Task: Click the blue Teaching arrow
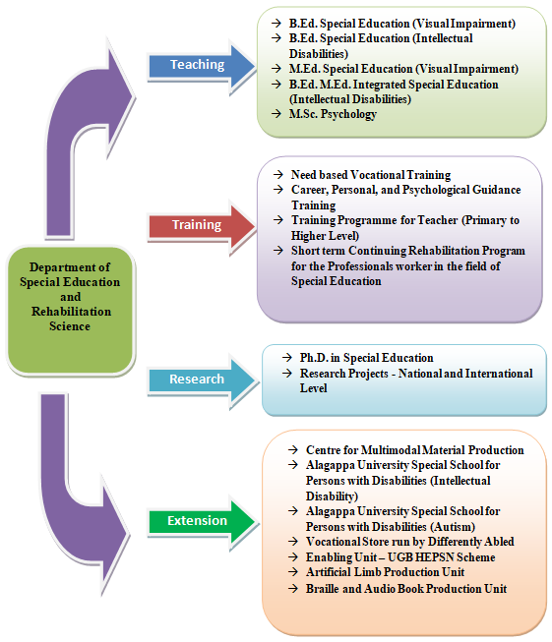tap(201, 66)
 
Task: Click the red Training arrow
tap(201, 226)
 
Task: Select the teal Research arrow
tap(202, 380)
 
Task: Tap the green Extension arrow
tap(202, 522)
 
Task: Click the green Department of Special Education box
tap(71, 310)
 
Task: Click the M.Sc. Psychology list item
tap(333, 114)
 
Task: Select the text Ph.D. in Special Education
tap(366, 358)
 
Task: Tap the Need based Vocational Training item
tap(371, 175)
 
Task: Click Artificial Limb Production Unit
tap(385, 572)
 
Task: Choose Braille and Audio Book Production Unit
tap(406, 589)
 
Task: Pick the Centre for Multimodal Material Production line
tap(414, 450)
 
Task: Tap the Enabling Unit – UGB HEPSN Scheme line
tap(400, 557)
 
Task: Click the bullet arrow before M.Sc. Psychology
tap(276, 113)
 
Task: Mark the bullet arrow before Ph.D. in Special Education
tap(287, 358)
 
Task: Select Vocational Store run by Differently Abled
tap(409, 542)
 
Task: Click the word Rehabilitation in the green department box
tap(71, 312)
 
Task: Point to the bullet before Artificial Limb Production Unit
tap(293, 571)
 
